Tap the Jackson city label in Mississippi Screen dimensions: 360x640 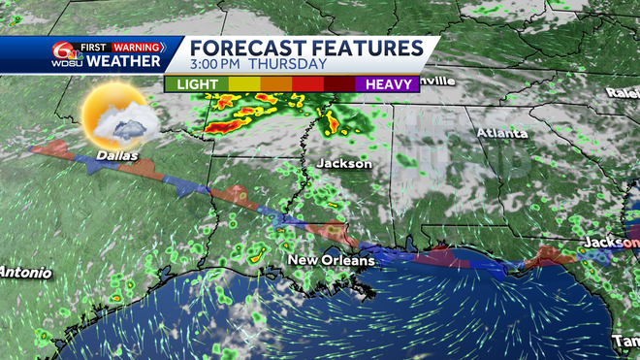[x=343, y=164]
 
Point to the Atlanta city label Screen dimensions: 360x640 [x=501, y=133]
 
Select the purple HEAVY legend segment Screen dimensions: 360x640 [x=387, y=85]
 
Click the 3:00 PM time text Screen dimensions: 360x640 [x=215, y=65]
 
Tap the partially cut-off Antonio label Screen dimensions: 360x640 [x=26, y=272]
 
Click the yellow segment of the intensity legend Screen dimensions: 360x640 [x=241, y=85]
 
